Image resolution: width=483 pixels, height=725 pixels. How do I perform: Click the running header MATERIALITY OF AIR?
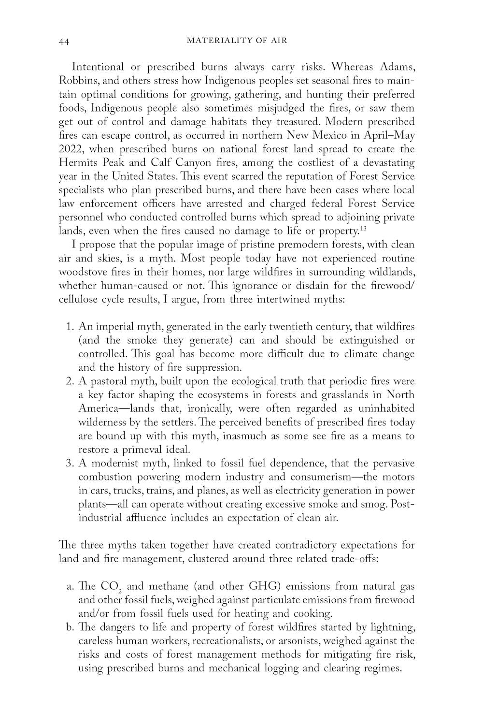[x=236, y=41]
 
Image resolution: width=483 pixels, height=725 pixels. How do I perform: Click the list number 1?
[x=69, y=327]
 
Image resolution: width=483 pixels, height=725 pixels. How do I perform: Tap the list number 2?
[x=69, y=381]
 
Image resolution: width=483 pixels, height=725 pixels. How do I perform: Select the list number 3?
[x=69, y=464]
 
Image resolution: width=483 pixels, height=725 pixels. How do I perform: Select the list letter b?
[x=69, y=628]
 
